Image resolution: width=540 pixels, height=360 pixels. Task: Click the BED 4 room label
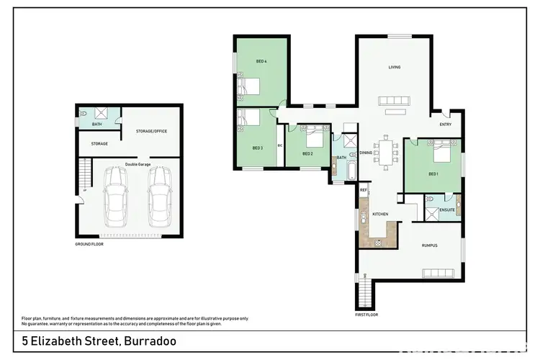(x=261, y=61)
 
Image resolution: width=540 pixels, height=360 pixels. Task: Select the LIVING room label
(x=394, y=67)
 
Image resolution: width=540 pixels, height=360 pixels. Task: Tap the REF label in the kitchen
(x=364, y=190)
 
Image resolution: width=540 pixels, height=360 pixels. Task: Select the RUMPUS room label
(x=430, y=246)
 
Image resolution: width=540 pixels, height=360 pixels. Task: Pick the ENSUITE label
(x=447, y=210)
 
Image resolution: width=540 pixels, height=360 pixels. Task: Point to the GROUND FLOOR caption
(x=90, y=244)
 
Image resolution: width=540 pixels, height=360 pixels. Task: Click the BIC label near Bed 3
(x=279, y=145)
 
